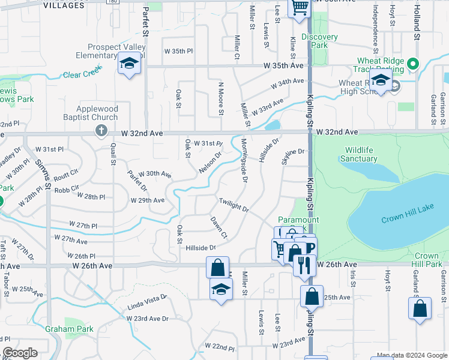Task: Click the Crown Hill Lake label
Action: [407, 220]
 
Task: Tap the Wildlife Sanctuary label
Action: [359, 154]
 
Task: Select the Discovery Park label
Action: [319, 41]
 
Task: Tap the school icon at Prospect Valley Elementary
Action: [129, 64]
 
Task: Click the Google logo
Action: [20, 353]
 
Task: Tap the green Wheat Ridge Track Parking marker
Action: [412, 63]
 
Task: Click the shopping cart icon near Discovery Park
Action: [299, 8]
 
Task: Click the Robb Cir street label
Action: [67, 188]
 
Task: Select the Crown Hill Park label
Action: [427, 260]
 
